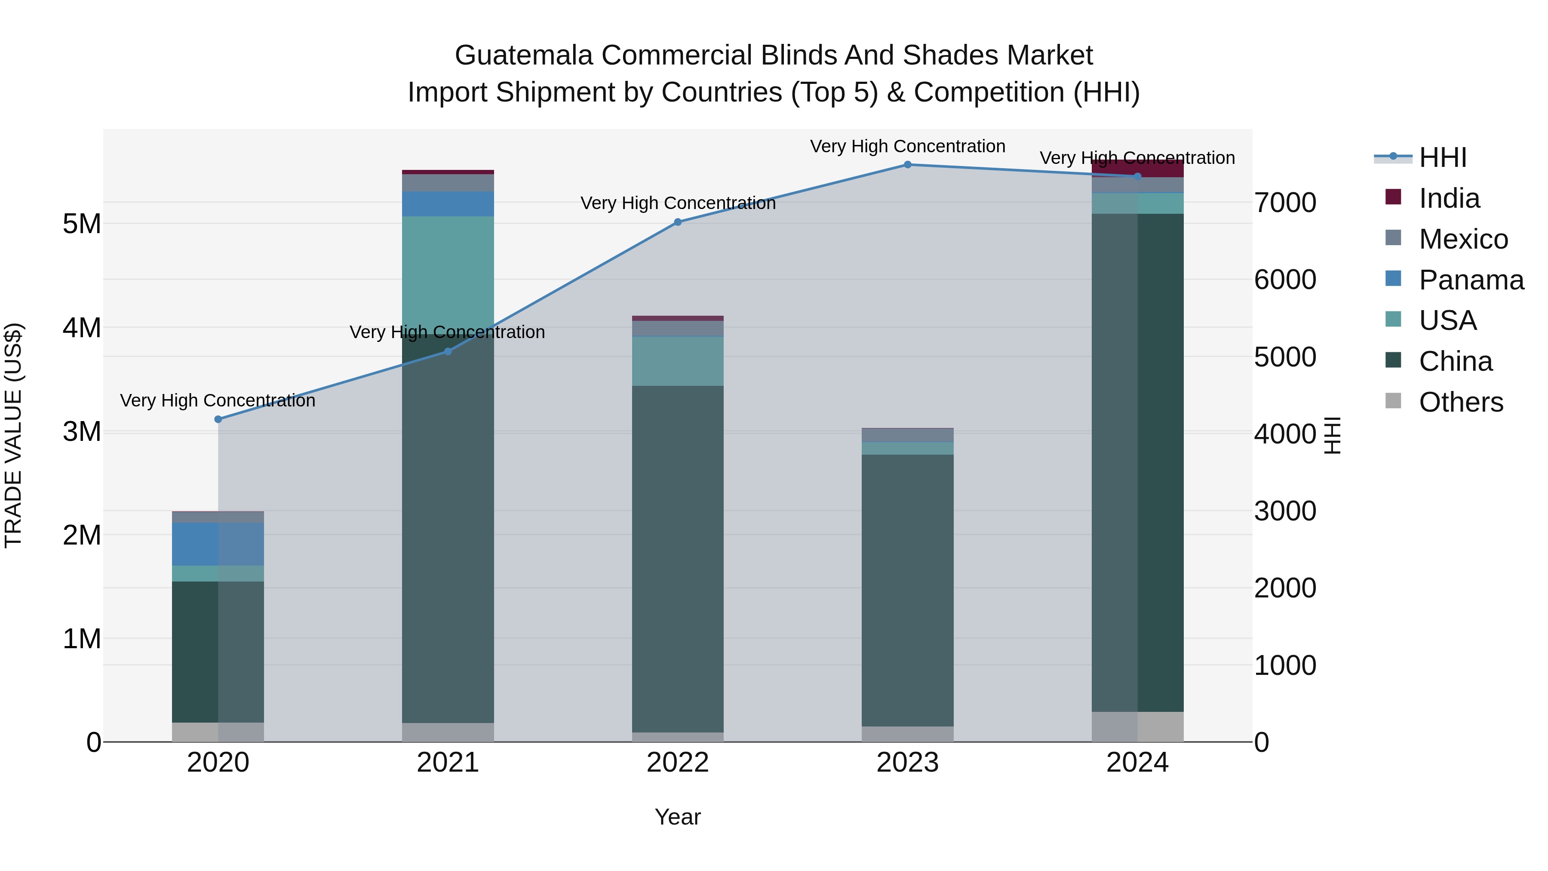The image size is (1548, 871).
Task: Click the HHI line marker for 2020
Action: pos(218,419)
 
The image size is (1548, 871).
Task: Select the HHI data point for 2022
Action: pos(678,222)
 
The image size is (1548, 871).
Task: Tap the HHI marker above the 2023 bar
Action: pos(907,165)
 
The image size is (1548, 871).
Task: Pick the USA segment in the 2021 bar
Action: pos(448,271)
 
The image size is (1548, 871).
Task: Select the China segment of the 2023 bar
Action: pos(907,589)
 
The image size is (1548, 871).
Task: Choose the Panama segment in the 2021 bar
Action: pos(448,204)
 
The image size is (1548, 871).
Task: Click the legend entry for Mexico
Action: pos(1463,239)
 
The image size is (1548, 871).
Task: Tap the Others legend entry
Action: pos(1460,402)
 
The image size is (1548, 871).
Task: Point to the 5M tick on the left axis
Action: pos(82,224)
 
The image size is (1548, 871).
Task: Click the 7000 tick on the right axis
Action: pos(1285,203)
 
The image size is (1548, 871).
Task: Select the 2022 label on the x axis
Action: pos(678,763)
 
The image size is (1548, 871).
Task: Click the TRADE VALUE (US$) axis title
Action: pos(13,435)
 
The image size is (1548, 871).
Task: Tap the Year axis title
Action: pos(677,817)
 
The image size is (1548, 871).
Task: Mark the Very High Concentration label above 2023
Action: pos(907,146)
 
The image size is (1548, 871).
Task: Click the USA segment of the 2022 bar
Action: pos(678,361)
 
